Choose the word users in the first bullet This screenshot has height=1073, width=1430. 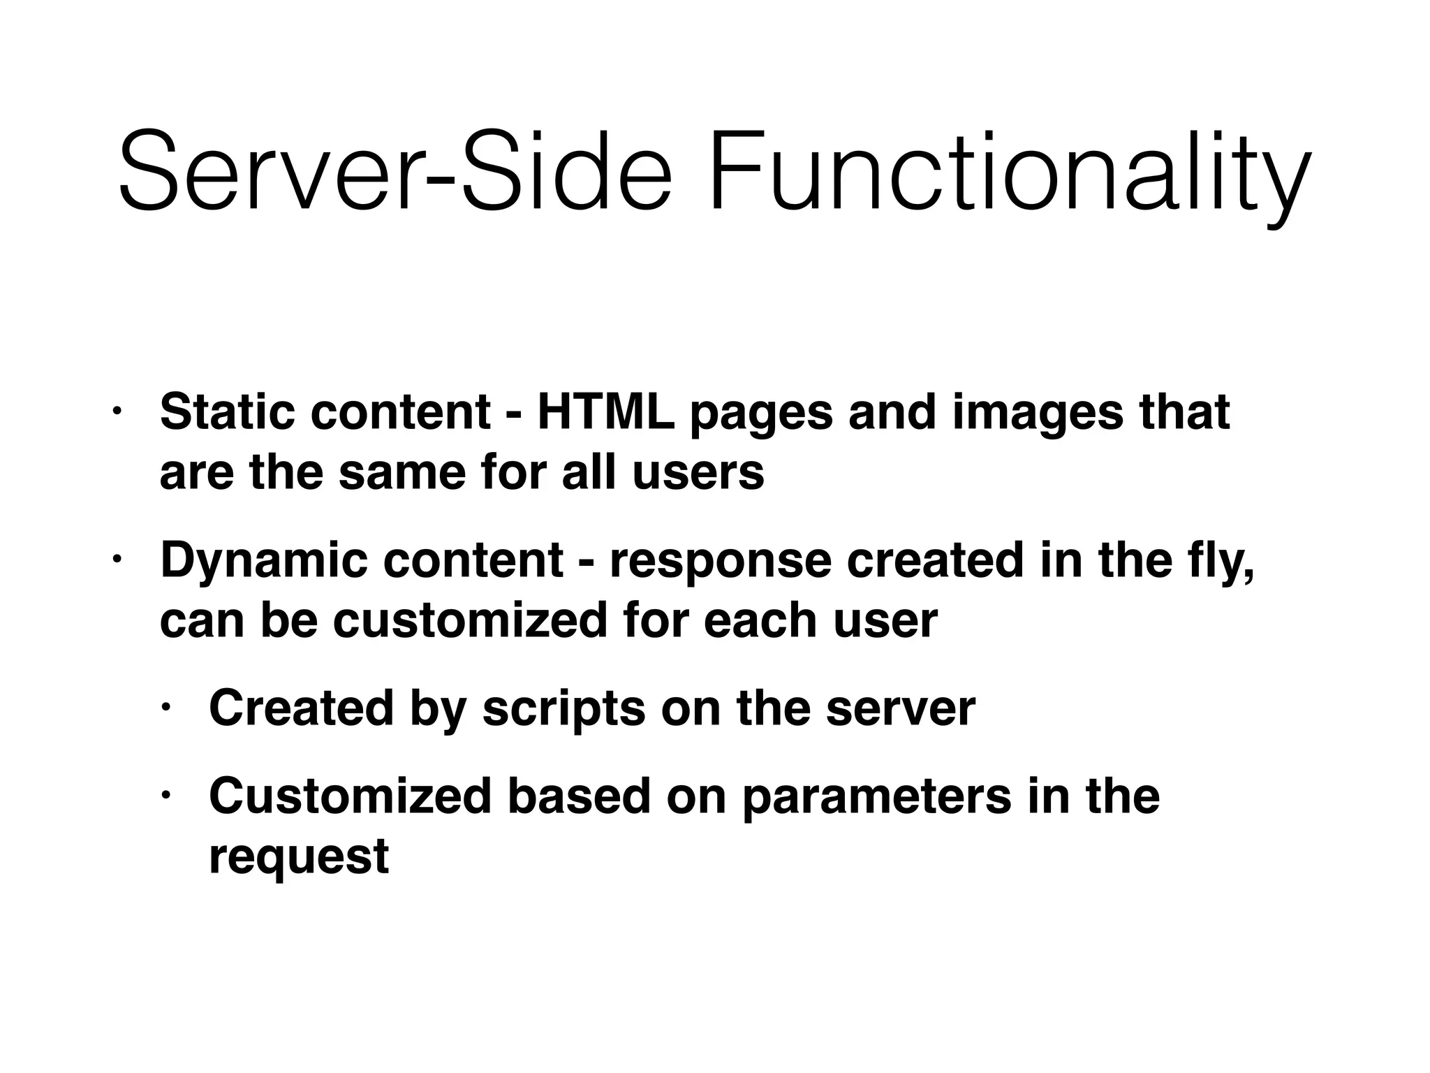click(x=698, y=473)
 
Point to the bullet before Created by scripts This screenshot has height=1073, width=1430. click(x=165, y=708)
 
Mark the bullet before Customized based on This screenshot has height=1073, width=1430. click(x=165, y=796)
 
